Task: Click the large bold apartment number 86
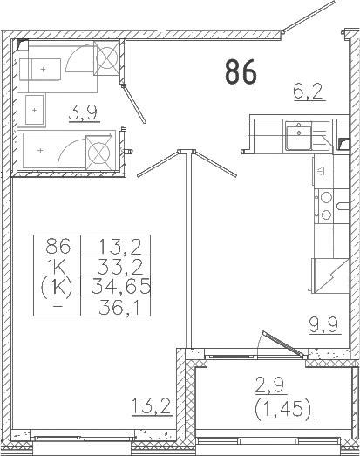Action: point(241,71)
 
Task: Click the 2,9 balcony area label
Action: point(270,386)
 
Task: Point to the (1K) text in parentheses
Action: point(57,287)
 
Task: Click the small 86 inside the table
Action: point(58,246)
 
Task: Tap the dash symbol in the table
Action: point(58,307)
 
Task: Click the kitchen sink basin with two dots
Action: point(298,135)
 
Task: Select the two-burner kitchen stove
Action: point(326,206)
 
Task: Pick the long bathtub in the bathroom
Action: point(66,150)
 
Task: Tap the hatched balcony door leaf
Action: point(284,344)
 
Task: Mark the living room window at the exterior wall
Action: point(82,438)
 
